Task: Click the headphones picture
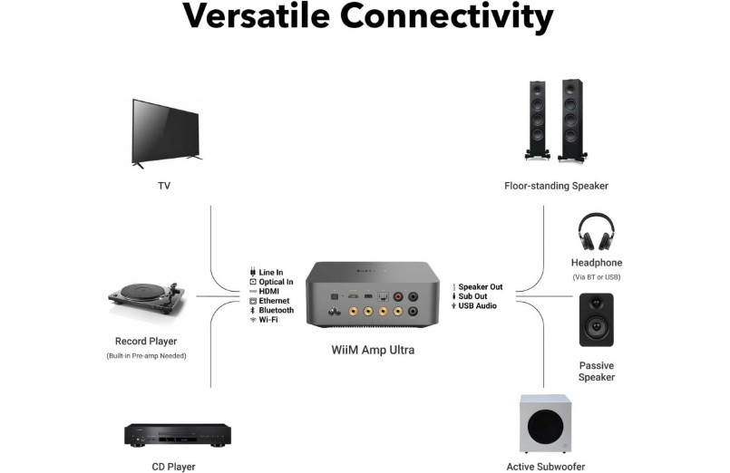tap(596, 232)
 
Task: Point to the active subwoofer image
tap(545, 424)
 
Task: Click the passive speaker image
tap(596, 320)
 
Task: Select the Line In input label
tap(270, 272)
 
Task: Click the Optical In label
tap(276, 282)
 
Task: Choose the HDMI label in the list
tap(268, 291)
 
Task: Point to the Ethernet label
tap(274, 301)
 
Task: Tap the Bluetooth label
tap(276, 310)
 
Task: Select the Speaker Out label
tap(480, 287)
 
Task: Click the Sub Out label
tap(472, 296)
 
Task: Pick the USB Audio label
tap(477, 306)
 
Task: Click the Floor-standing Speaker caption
tap(556, 186)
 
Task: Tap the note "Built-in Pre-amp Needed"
tap(146, 356)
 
